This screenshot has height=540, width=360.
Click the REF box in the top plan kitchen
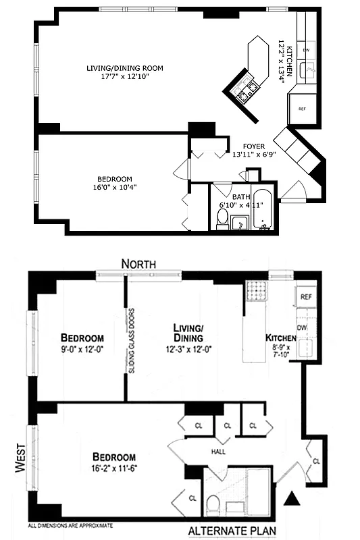(x=302, y=109)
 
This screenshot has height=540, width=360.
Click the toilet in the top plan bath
(x=222, y=217)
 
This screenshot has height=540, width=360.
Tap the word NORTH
(x=138, y=263)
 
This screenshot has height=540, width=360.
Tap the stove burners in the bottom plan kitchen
(x=256, y=292)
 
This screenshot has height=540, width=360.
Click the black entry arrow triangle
(x=292, y=500)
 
